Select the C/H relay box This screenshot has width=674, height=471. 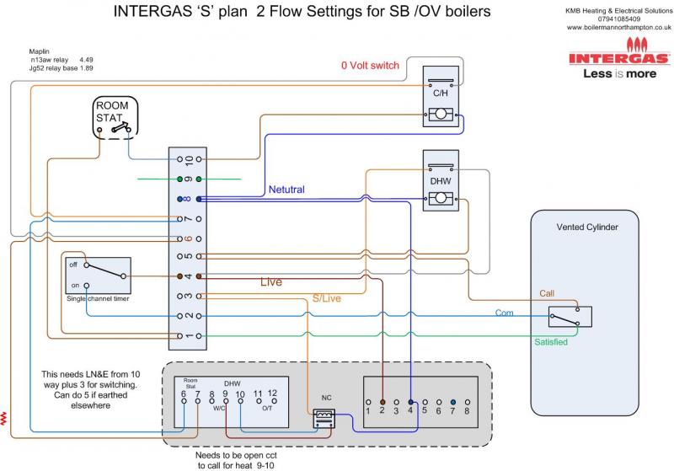(x=440, y=97)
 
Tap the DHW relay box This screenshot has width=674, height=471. (x=439, y=181)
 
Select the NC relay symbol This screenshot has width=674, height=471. (x=323, y=418)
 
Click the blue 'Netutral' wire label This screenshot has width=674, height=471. (x=286, y=190)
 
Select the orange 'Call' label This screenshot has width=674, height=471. (x=548, y=292)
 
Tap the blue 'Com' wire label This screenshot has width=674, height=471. (x=505, y=313)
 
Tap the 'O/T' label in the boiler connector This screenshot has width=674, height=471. (x=266, y=408)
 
